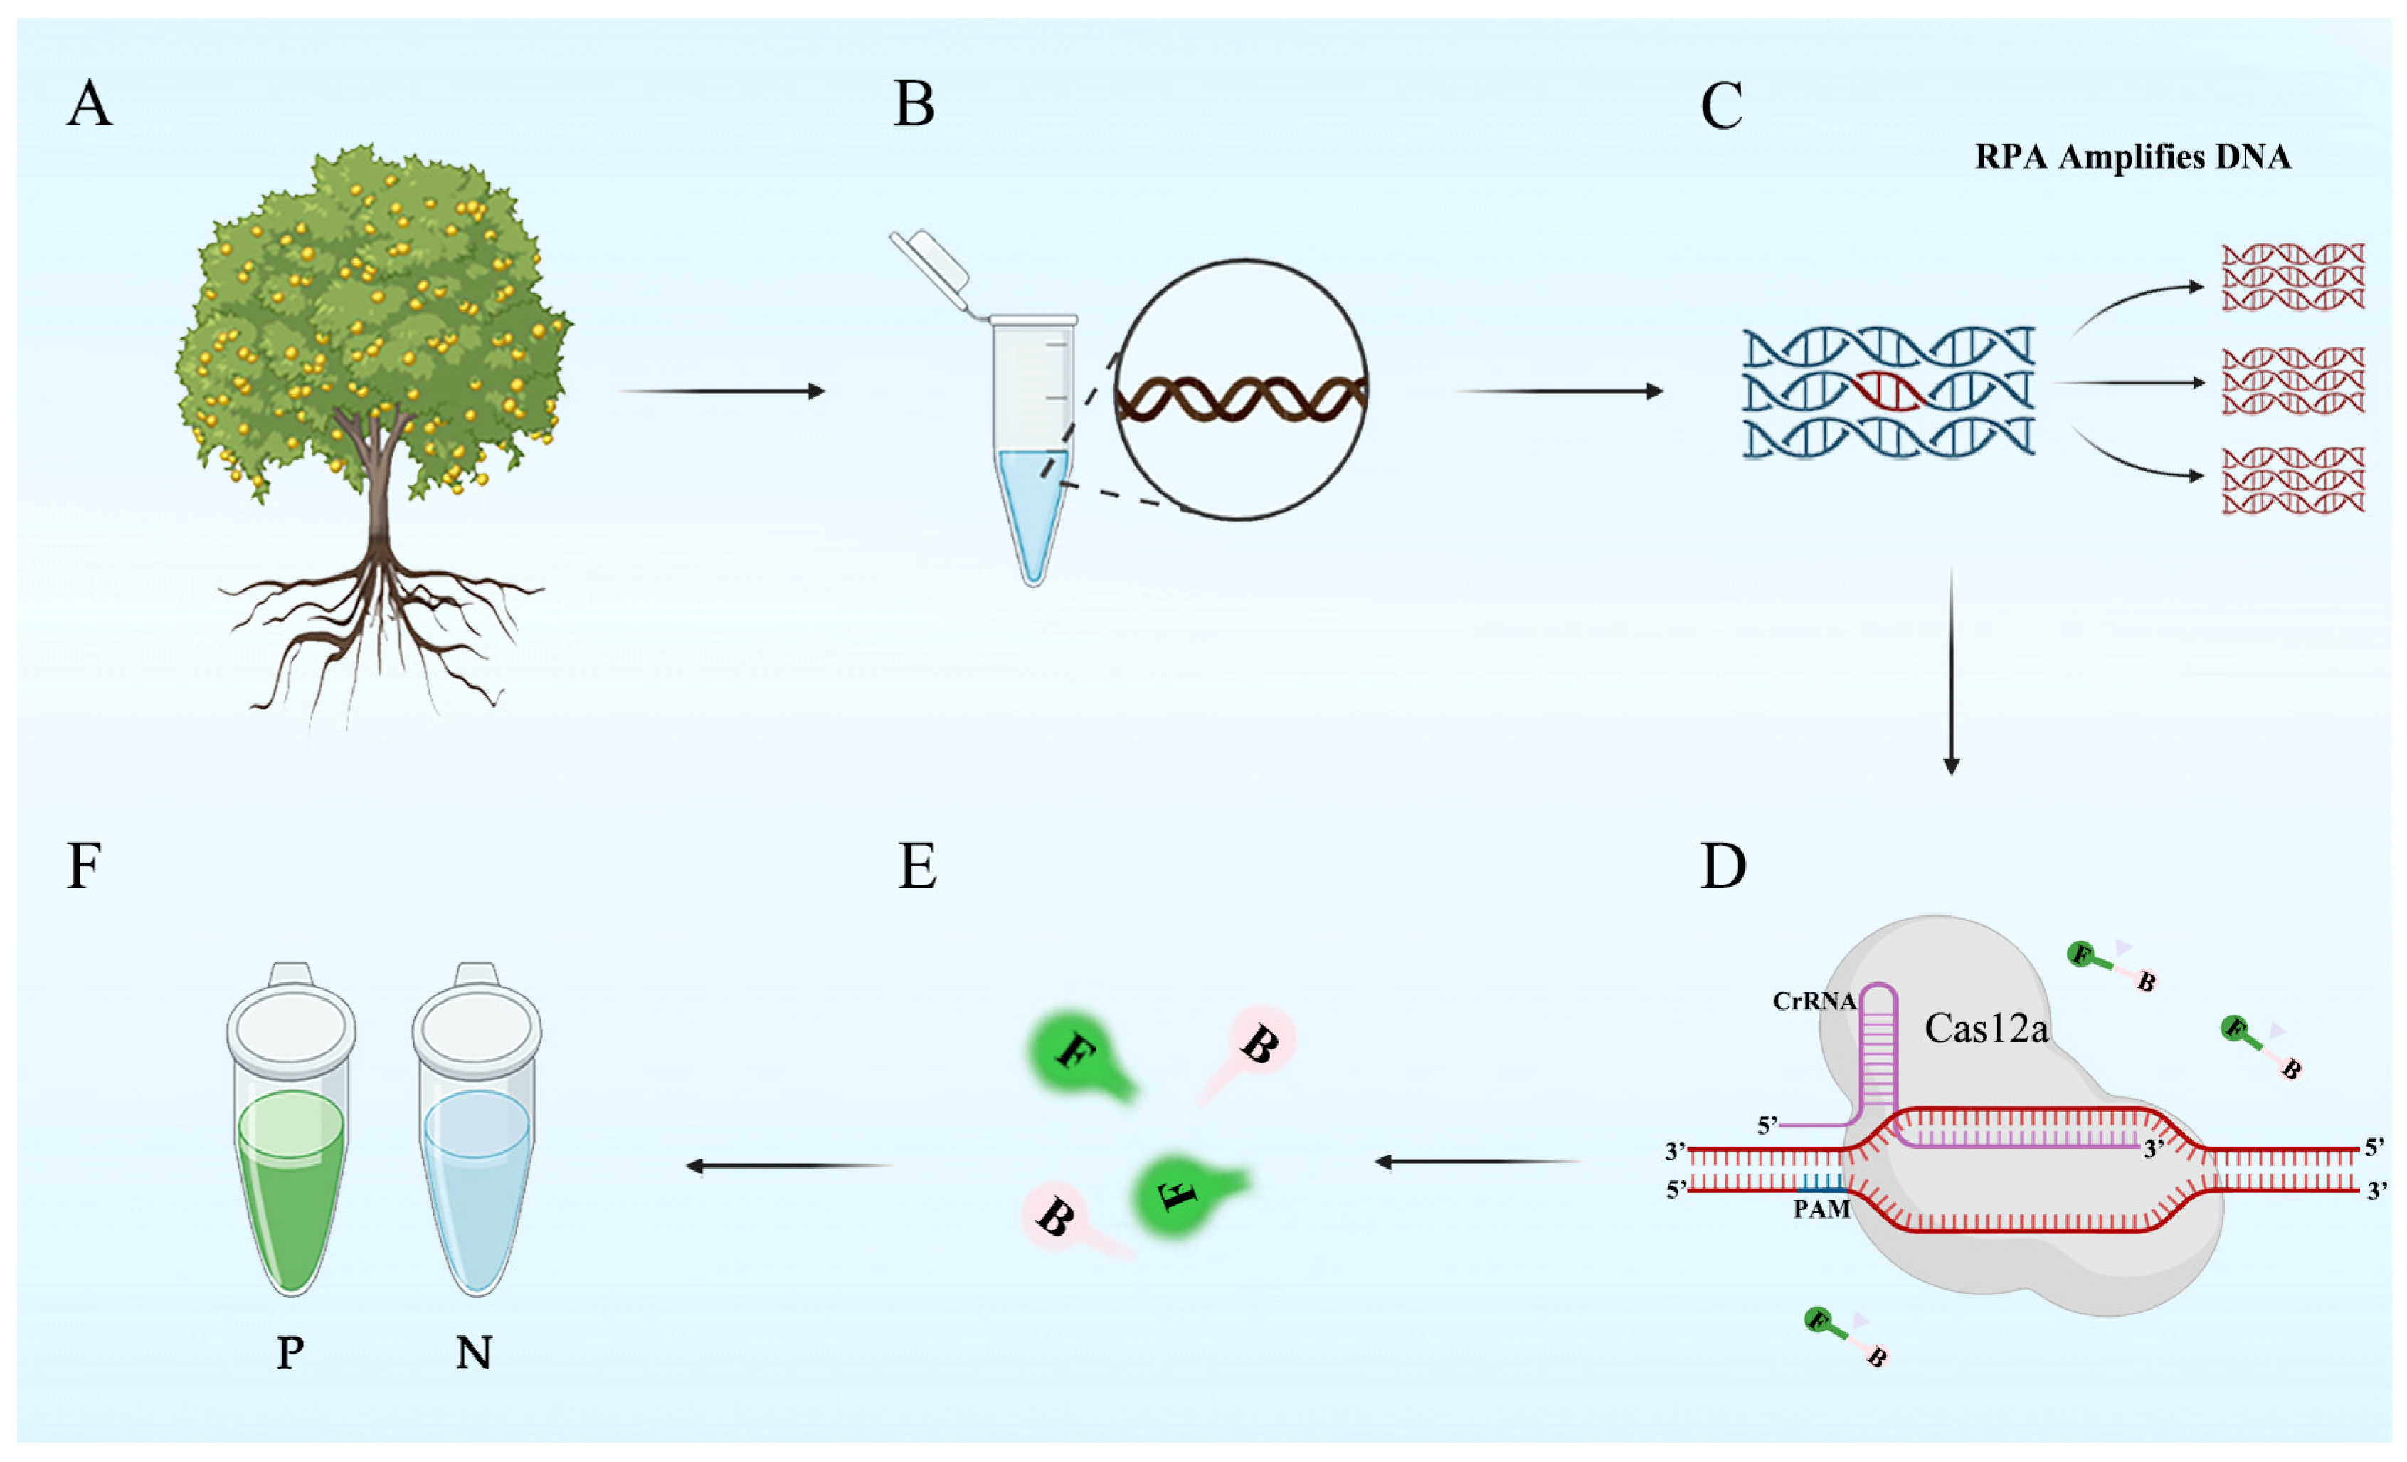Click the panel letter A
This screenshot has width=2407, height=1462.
89,105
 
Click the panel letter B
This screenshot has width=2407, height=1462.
914,105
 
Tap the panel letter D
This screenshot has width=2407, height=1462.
1723,866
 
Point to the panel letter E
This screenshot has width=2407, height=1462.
916,866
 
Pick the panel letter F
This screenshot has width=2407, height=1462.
84,866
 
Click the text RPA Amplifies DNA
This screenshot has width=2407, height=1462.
2132,157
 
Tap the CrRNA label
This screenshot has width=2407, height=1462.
1814,1001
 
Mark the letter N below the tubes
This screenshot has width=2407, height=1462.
474,1354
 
